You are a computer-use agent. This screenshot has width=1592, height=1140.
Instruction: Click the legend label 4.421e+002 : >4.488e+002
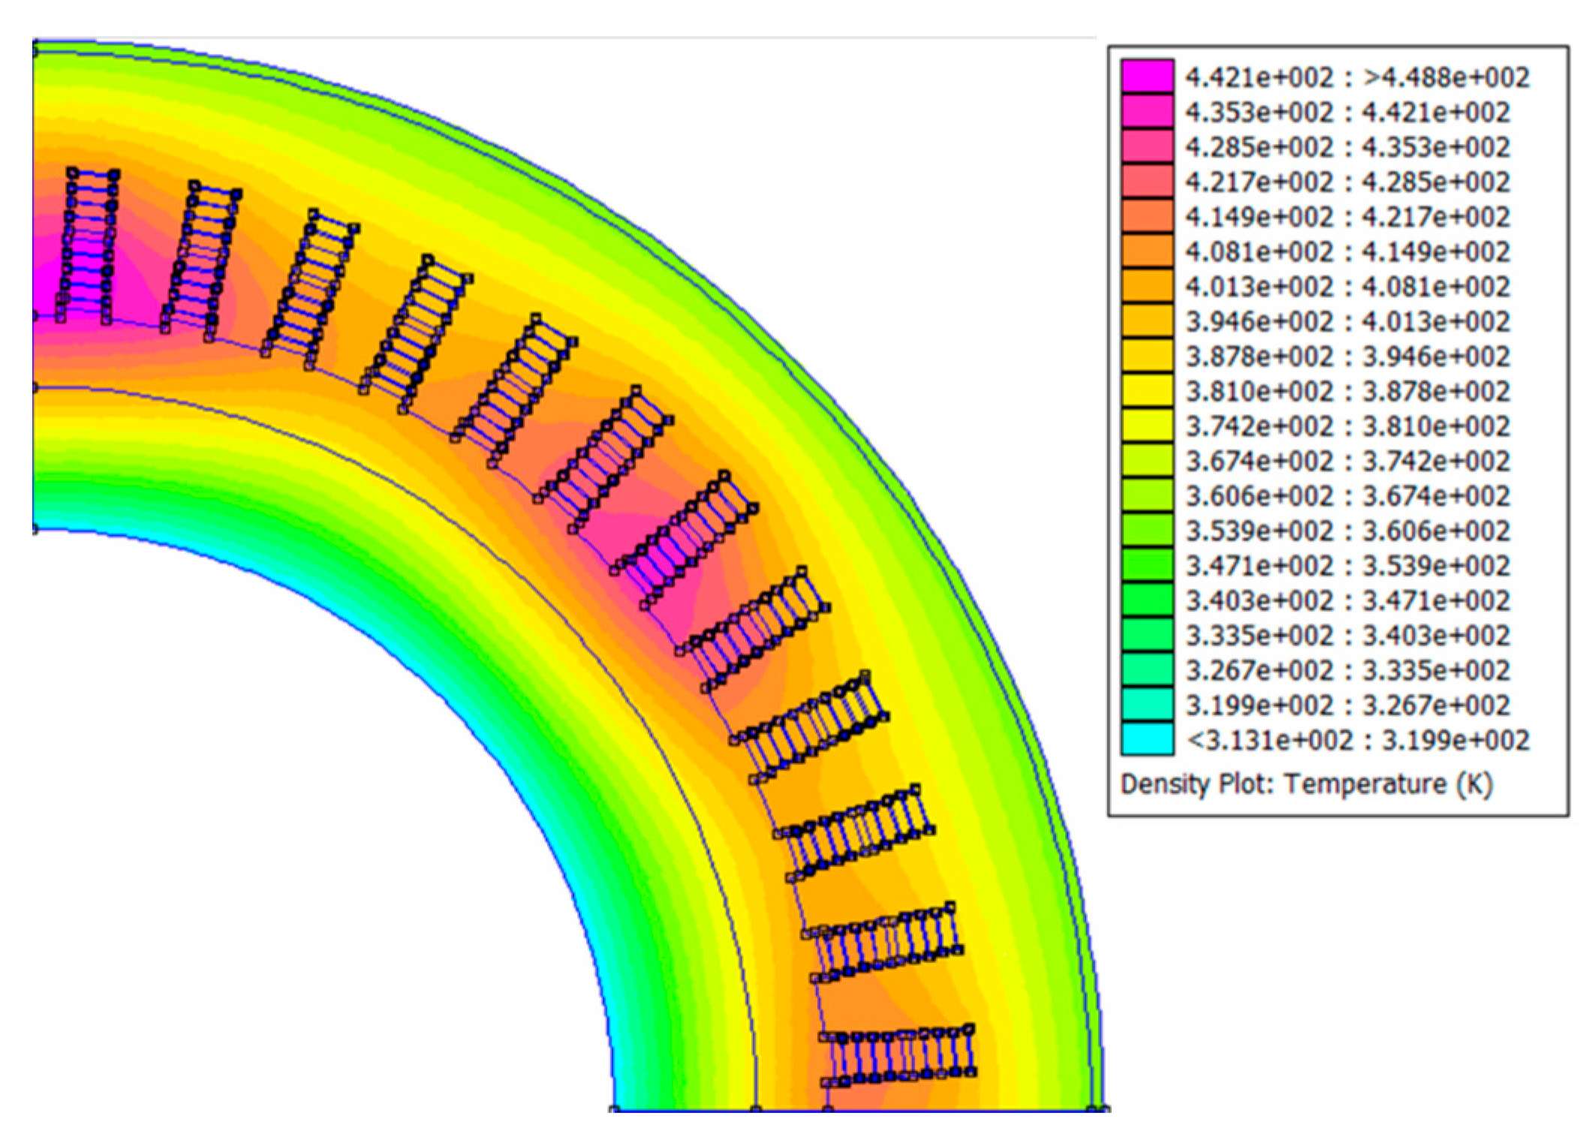pyautogui.click(x=1357, y=77)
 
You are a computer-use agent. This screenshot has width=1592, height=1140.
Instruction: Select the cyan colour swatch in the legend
pyautogui.click(x=1148, y=738)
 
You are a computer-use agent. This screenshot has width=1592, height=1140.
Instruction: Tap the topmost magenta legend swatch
pyautogui.click(x=1148, y=77)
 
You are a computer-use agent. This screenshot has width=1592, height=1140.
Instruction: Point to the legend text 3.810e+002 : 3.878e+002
pyautogui.click(x=1348, y=391)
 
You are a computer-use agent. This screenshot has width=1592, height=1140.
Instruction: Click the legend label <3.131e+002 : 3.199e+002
pyautogui.click(x=1357, y=740)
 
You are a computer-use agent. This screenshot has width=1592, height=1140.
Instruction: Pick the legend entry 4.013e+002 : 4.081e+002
pyautogui.click(x=1348, y=287)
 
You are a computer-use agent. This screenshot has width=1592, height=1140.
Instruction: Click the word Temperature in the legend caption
pyautogui.click(x=1365, y=784)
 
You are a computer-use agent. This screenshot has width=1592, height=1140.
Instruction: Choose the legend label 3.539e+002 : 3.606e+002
pyautogui.click(x=1348, y=531)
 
